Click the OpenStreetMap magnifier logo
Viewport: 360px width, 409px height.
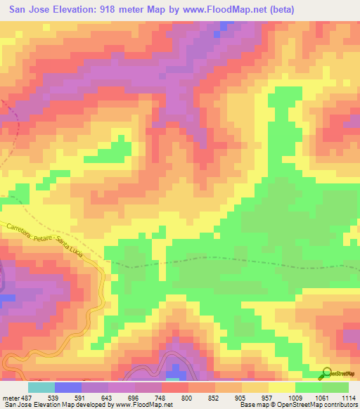coord(327,372)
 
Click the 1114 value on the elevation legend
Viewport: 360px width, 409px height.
coord(348,398)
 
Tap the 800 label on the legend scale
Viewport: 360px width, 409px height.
coord(187,398)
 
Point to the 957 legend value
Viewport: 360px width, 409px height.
coord(267,398)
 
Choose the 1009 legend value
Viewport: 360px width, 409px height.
coord(294,398)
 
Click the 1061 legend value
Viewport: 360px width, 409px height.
coord(321,398)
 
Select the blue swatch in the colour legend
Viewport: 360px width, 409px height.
coord(67,387)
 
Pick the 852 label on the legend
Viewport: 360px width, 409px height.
coord(214,398)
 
